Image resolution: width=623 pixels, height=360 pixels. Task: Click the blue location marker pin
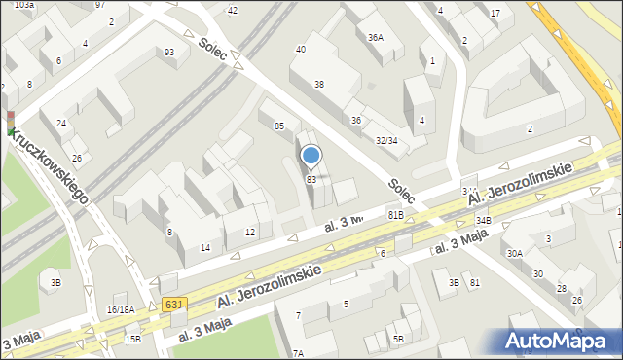(311, 156)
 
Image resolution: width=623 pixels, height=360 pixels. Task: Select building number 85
(279, 126)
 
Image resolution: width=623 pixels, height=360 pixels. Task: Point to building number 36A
(375, 38)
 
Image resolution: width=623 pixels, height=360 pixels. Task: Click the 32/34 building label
(386, 141)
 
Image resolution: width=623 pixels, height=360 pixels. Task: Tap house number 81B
(395, 214)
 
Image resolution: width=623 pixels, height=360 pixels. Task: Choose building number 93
(169, 52)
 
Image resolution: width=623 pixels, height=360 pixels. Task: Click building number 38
(318, 85)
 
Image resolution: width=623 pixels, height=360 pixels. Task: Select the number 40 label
(301, 49)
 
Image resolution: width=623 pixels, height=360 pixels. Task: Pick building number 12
(250, 232)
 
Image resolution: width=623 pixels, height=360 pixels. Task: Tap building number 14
(205, 247)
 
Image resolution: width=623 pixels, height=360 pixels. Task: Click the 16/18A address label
(121, 309)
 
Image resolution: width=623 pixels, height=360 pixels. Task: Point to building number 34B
(484, 222)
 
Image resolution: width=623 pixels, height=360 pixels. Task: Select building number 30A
(515, 253)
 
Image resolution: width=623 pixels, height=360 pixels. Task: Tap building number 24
(61, 124)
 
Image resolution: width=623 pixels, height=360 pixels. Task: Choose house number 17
(495, 13)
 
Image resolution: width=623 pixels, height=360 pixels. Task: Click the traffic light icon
(11, 123)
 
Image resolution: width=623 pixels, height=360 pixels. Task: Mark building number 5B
(398, 339)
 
